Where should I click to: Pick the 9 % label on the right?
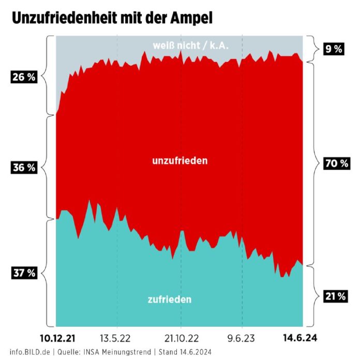334,49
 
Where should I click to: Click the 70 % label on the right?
336,163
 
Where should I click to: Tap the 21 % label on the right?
336,296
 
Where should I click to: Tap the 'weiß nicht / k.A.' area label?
190,46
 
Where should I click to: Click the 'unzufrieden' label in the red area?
180,161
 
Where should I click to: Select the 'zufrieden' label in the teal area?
170,299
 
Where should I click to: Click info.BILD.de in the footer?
29,352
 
